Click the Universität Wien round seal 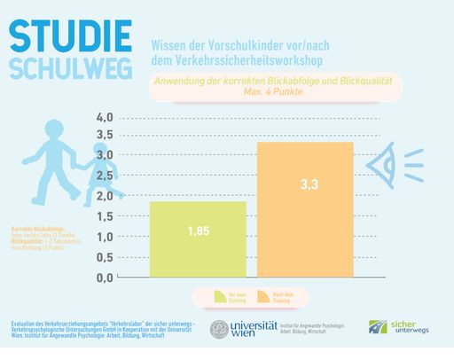coord(218,330)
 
